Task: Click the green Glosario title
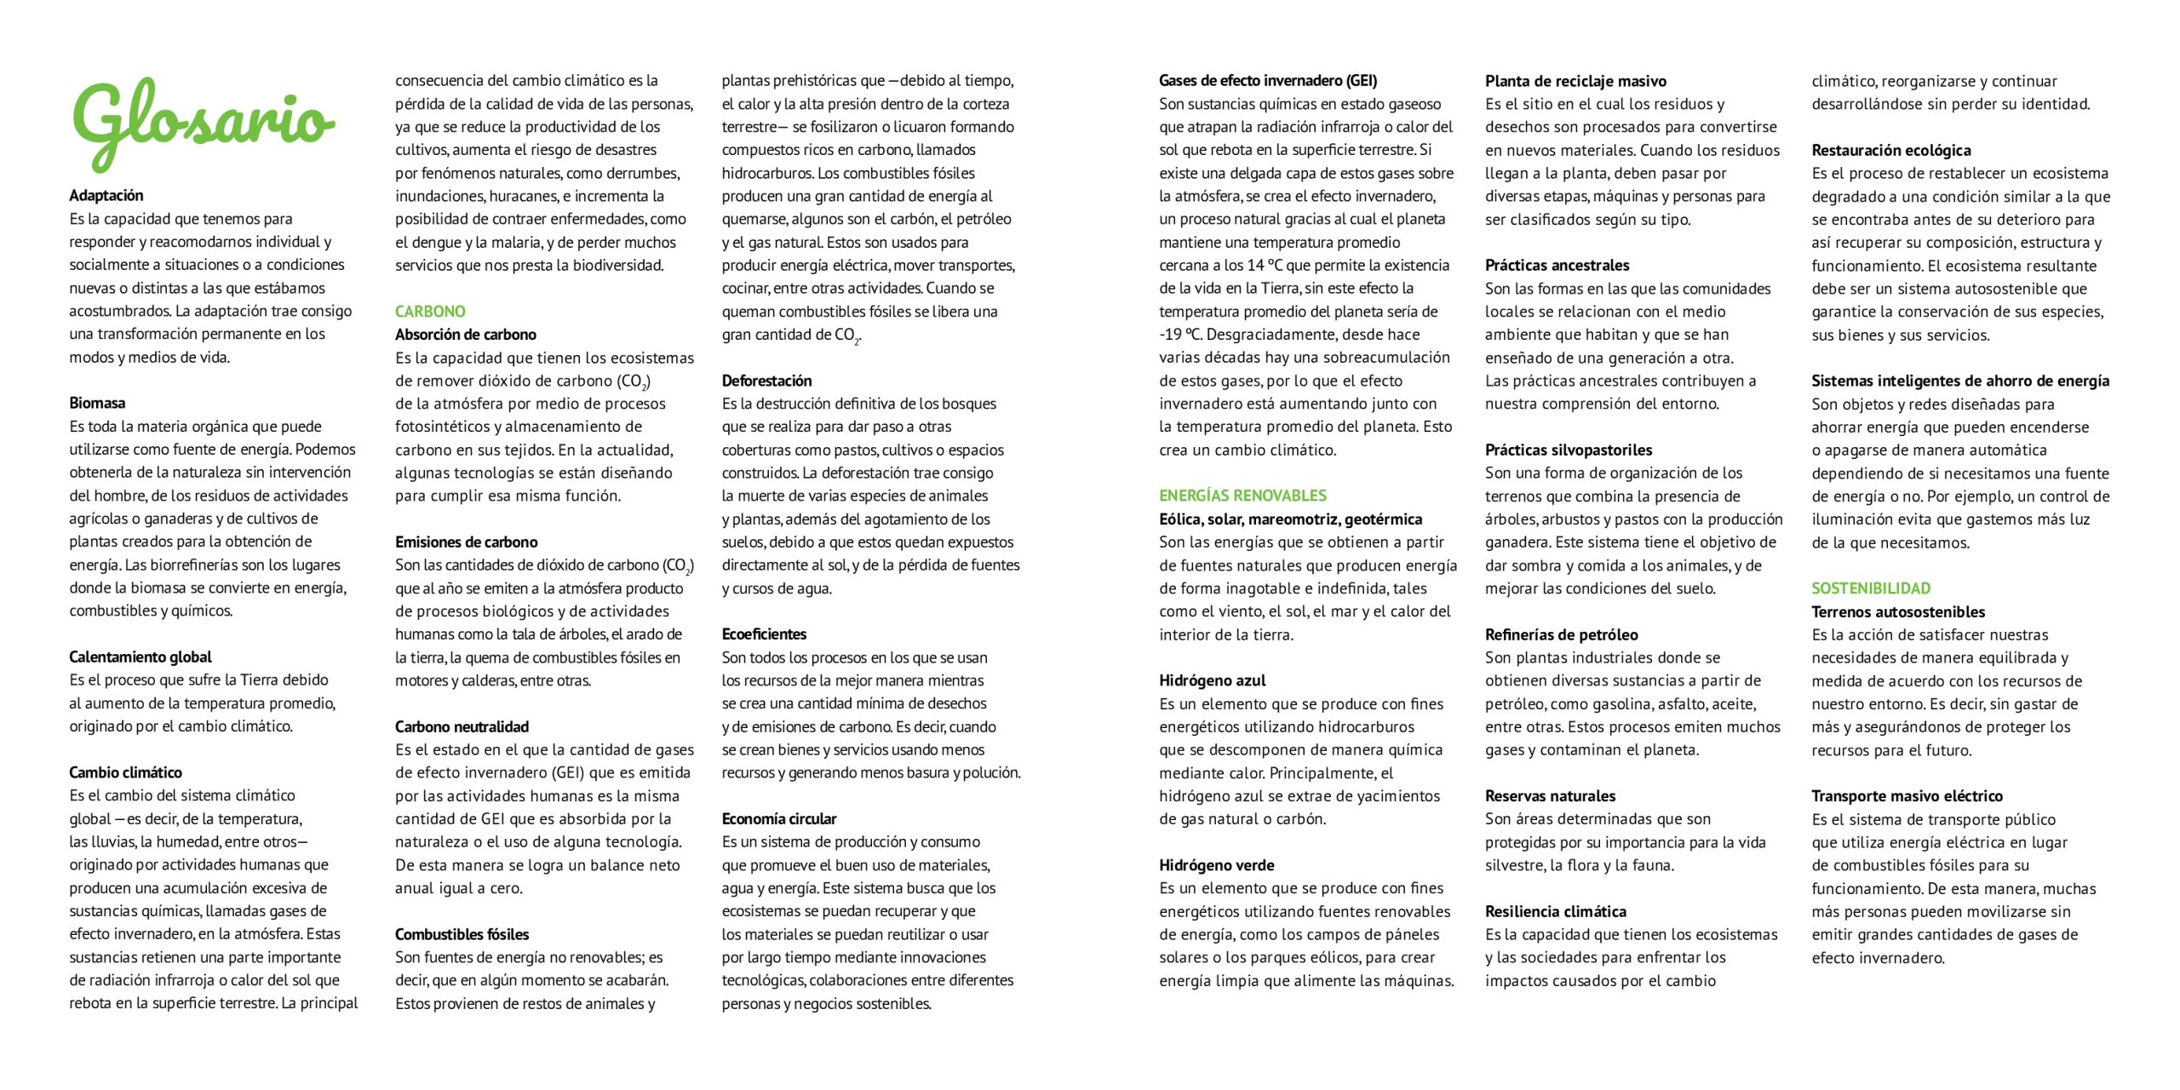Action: [x=203, y=124]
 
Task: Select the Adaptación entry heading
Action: [x=106, y=195]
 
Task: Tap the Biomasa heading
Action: [x=97, y=403]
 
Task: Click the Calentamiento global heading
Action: [x=141, y=657]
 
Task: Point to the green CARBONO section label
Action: [x=430, y=311]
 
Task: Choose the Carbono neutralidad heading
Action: [x=462, y=726]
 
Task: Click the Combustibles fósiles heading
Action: [x=462, y=934]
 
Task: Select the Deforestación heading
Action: [x=766, y=381]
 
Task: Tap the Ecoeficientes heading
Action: [x=764, y=634]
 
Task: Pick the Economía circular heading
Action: [x=779, y=818]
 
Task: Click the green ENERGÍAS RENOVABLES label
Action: [x=1242, y=496]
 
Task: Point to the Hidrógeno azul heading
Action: [x=1212, y=680]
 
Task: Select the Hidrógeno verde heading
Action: [x=1216, y=865]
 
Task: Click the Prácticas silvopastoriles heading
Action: [x=1569, y=450]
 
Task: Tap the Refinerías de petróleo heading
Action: [x=1561, y=634]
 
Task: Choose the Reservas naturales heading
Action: [x=1550, y=796]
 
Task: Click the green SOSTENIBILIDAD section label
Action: [x=1871, y=588]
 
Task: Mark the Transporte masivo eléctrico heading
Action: [x=1907, y=796]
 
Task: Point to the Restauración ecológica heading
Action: [x=1890, y=150]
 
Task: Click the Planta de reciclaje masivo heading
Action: [x=1575, y=81]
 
